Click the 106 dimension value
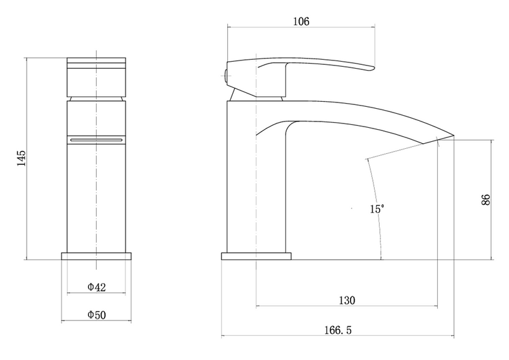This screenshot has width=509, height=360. (x=301, y=22)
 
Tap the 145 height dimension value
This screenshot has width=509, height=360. (x=22, y=158)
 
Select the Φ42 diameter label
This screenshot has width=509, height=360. (x=97, y=287)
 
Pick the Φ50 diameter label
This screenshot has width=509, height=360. (x=97, y=315)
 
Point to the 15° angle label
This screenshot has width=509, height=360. (x=377, y=209)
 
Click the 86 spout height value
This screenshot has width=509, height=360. (x=485, y=200)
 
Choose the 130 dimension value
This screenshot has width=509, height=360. (x=347, y=300)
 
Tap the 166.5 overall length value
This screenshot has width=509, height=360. (x=338, y=330)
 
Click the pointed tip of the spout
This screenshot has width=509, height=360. (x=453, y=134)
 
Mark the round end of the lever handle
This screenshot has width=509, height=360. (x=373, y=68)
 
